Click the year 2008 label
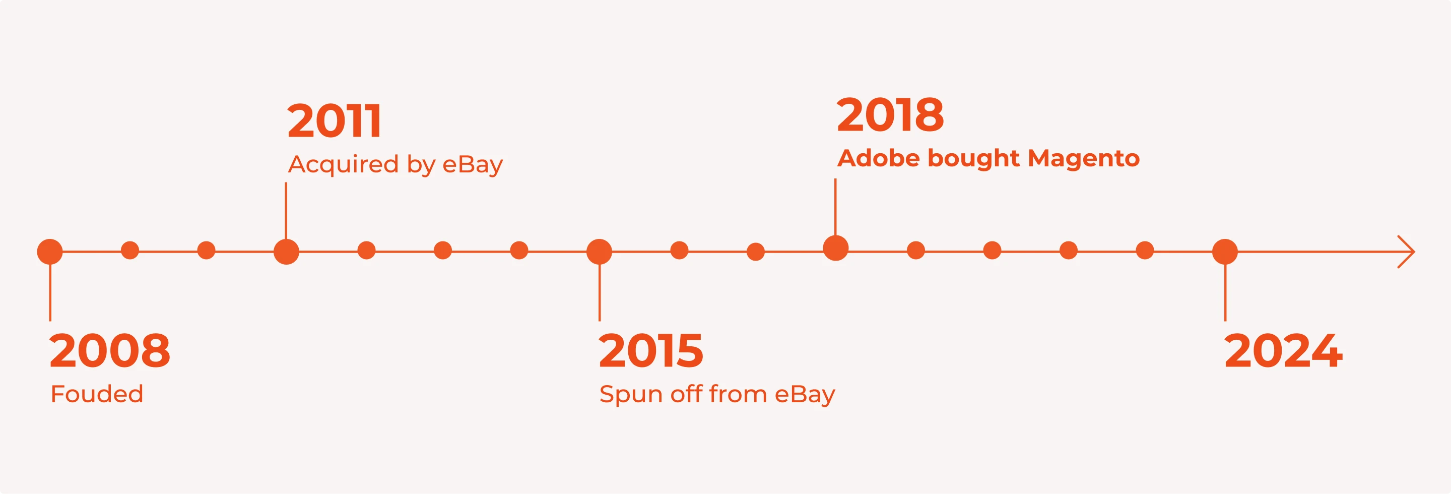pos(110,350)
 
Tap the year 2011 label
pos(335,120)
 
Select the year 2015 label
pos(651,350)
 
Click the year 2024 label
pos(1284,350)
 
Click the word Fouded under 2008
pos(97,394)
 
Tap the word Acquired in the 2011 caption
pos(344,165)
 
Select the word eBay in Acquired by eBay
pos(473,165)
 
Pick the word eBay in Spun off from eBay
pos(805,395)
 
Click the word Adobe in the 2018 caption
pos(879,158)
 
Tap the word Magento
pos(1084,158)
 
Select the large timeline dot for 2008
pos(50,251)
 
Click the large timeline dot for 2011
pos(286,251)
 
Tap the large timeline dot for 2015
pos(600,251)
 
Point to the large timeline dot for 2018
pos(836,248)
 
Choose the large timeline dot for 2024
pos(1225,251)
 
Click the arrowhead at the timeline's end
pos(1414,251)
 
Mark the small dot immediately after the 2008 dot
pos(130,250)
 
